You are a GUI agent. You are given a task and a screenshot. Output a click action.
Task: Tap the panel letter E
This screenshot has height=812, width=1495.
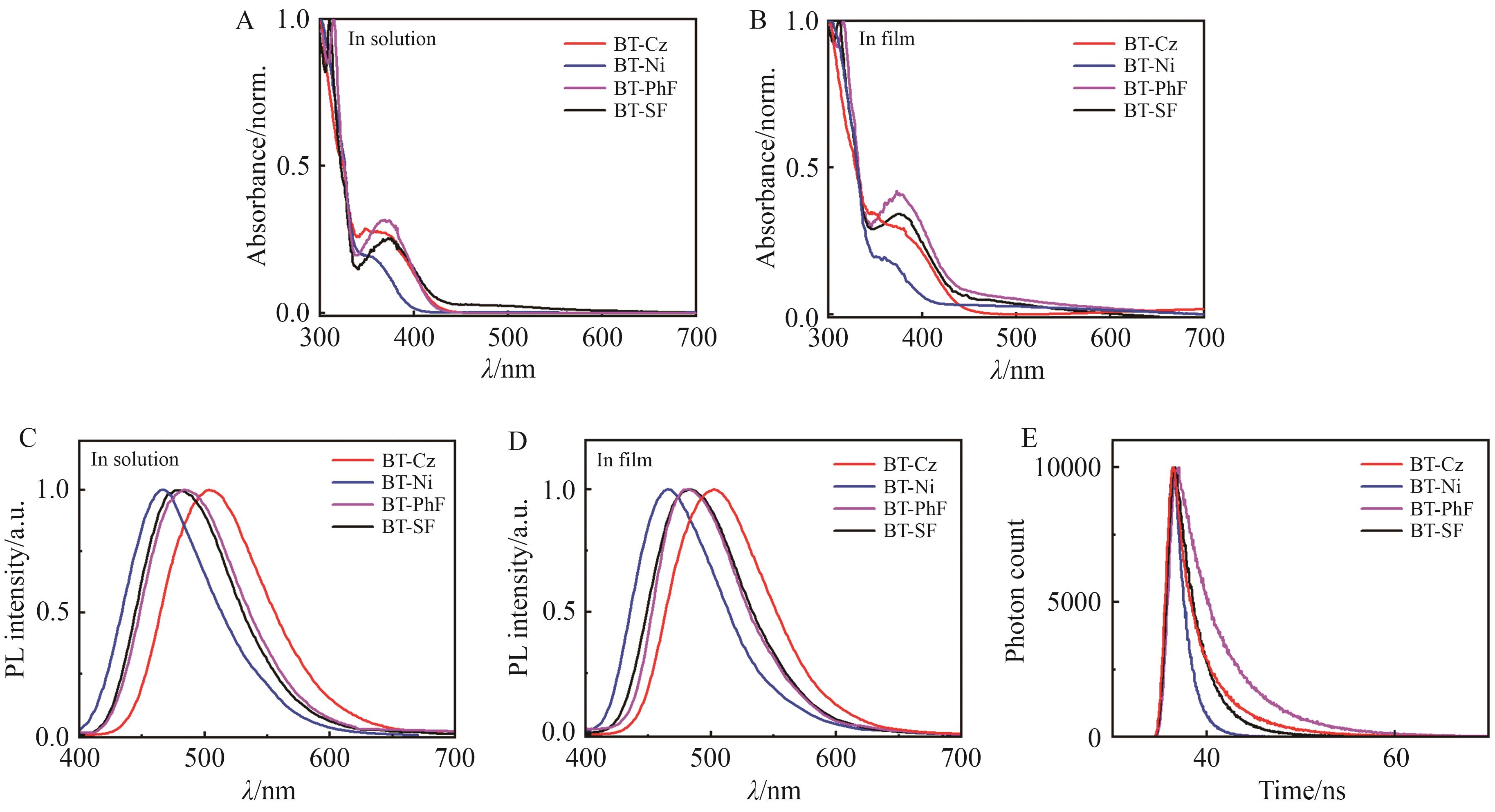coord(1029,439)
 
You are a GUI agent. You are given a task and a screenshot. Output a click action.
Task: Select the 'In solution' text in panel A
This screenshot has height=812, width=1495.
coord(392,39)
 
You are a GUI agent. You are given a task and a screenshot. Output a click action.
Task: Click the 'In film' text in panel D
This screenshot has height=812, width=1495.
coord(624,460)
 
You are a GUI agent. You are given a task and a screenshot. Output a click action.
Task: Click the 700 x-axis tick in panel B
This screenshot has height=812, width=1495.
coord(1204,338)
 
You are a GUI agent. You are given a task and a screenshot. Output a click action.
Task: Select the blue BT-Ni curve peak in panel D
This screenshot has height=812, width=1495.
coord(668,489)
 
